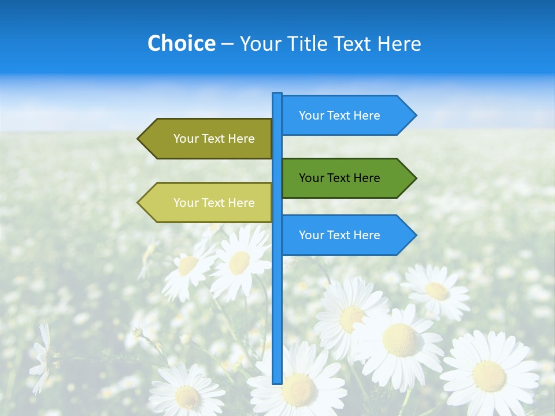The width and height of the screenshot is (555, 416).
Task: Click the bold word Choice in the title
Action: point(181,43)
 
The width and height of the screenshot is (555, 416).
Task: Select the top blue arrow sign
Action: point(341,116)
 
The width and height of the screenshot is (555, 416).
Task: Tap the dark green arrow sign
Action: point(341,178)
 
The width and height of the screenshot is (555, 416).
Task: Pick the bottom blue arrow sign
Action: point(341,235)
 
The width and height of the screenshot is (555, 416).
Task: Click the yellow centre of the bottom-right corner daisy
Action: point(489,376)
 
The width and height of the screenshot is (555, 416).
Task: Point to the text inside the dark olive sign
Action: point(214,139)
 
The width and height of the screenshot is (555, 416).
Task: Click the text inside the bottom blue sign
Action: point(339,235)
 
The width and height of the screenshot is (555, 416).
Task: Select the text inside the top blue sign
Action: point(339,116)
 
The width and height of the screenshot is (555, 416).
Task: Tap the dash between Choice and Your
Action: point(227,44)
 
